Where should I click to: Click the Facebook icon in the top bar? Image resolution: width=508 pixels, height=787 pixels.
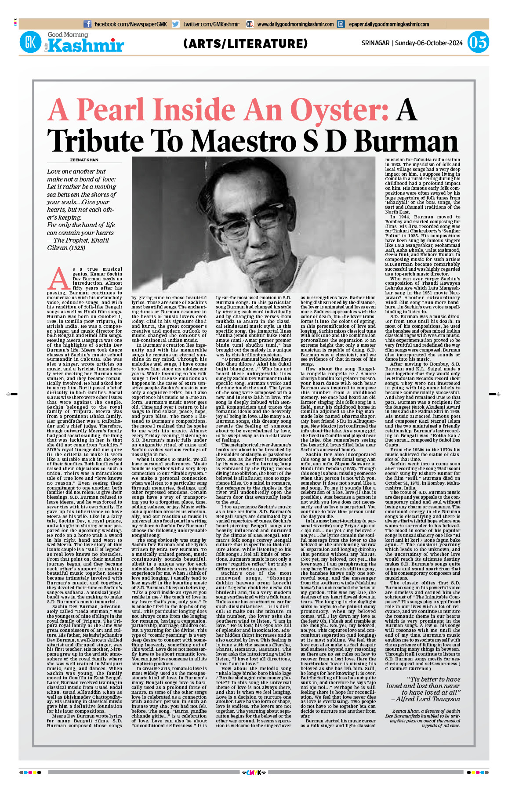[87, 24]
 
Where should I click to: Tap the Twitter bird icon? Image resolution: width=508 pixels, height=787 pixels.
[176, 24]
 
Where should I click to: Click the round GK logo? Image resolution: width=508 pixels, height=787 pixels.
[30, 43]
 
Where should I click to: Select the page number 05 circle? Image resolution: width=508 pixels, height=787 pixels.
[478, 43]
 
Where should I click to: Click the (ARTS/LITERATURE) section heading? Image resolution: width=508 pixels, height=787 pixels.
[246, 44]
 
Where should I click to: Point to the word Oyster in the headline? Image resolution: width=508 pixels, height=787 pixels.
[339, 110]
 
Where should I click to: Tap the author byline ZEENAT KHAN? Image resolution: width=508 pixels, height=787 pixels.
[84, 160]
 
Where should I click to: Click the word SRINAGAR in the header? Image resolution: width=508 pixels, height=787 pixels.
[375, 43]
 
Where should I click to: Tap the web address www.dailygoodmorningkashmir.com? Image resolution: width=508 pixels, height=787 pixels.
[295, 24]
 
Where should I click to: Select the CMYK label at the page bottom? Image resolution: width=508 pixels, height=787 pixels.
[254, 772]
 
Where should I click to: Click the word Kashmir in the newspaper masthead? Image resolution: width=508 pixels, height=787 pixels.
[86, 46]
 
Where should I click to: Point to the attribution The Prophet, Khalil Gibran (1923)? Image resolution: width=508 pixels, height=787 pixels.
[78, 244]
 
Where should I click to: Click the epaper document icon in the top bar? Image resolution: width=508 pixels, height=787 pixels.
[341, 24]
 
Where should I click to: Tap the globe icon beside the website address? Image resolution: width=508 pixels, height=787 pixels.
[250, 24]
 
